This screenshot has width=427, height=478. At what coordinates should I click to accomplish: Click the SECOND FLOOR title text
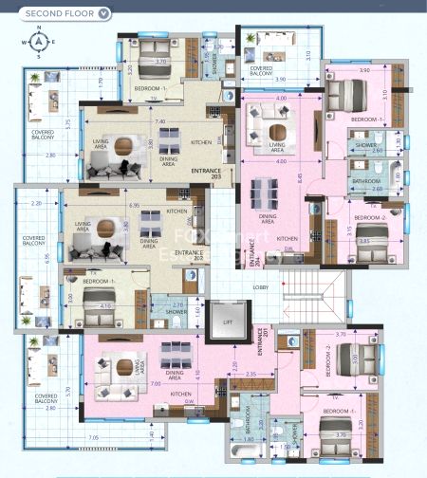click(59, 13)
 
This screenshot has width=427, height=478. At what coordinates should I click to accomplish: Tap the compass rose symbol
click(38, 43)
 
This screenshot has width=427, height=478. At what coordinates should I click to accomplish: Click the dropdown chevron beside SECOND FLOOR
click(104, 13)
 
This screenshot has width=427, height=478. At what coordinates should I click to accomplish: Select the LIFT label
click(228, 322)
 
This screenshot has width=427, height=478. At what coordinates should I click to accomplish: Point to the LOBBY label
click(260, 285)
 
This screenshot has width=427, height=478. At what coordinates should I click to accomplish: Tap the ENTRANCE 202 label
click(195, 255)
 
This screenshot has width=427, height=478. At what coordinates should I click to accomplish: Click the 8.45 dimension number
click(301, 176)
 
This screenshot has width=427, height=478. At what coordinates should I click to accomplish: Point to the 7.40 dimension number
click(160, 121)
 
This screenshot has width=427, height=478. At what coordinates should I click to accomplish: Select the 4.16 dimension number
click(106, 305)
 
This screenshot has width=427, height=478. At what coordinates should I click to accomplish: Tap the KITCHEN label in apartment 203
click(201, 142)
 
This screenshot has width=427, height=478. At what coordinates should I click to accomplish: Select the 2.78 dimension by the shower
click(177, 304)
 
